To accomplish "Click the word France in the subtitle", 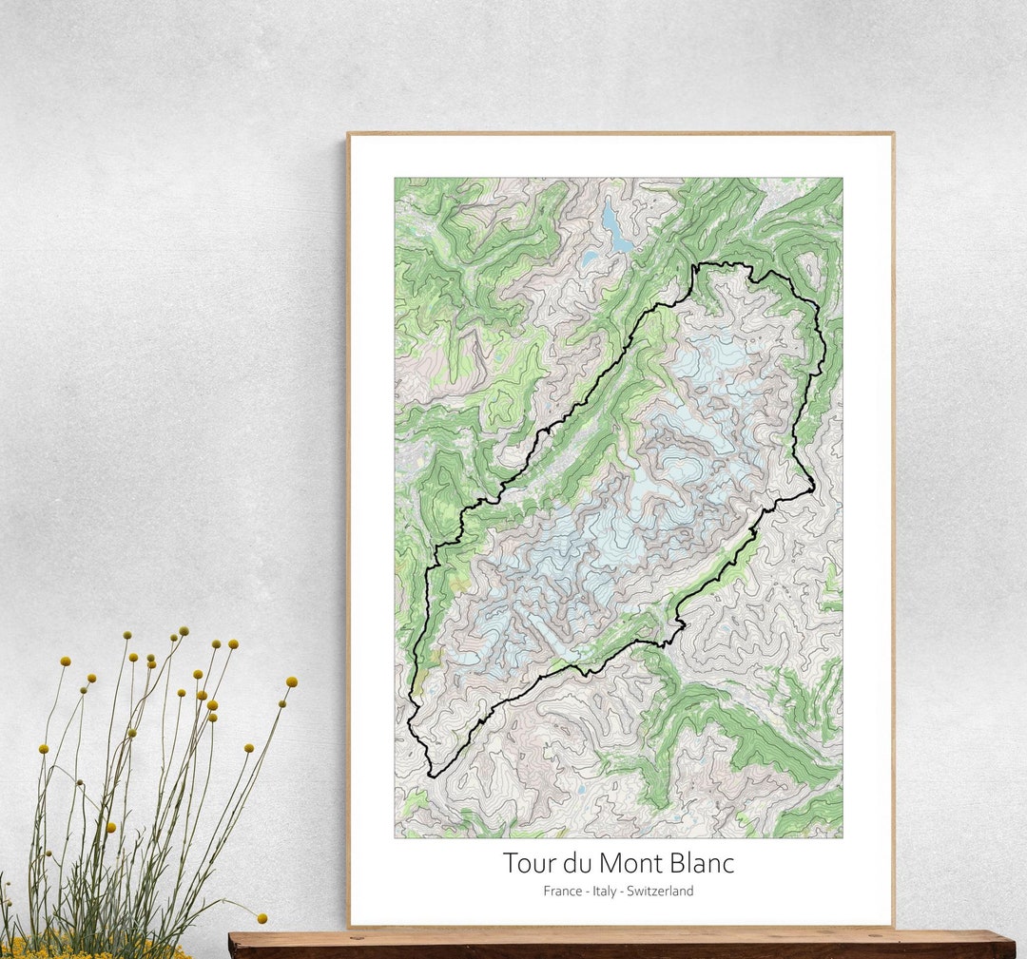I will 562,892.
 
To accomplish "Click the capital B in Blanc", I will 676,864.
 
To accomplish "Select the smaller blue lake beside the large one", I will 591,258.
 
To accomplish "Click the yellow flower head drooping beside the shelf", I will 262,918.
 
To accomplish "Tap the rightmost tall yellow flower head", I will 291,681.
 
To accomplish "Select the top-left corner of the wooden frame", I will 348,134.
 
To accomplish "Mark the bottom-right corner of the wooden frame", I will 893,926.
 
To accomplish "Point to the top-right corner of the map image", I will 842,179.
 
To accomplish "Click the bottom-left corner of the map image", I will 396,837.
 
